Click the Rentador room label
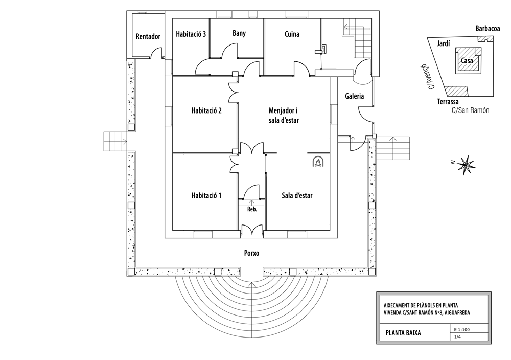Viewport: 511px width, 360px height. [x=148, y=36]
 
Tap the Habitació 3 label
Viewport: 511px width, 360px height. [x=191, y=34]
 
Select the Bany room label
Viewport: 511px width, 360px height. [x=239, y=33]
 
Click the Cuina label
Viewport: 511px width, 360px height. [x=292, y=34]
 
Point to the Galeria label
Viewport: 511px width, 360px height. [x=354, y=96]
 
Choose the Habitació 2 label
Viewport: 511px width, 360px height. [x=206, y=110]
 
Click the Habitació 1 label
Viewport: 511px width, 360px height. [x=206, y=195]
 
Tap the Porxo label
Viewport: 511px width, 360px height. [x=251, y=253]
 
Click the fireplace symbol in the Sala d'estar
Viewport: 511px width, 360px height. [x=317, y=162]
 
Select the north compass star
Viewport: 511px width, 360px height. [x=467, y=165]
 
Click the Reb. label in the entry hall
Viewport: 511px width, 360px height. [x=252, y=209]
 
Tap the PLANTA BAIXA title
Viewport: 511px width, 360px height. [x=403, y=333]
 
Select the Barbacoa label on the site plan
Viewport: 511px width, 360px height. [x=487, y=28]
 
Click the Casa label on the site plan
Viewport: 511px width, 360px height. [x=467, y=60]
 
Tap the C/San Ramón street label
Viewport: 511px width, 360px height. [x=470, y=110]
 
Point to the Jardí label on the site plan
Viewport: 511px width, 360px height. [x=443, y=43]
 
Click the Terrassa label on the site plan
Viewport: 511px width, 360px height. [x=448, y=102]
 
